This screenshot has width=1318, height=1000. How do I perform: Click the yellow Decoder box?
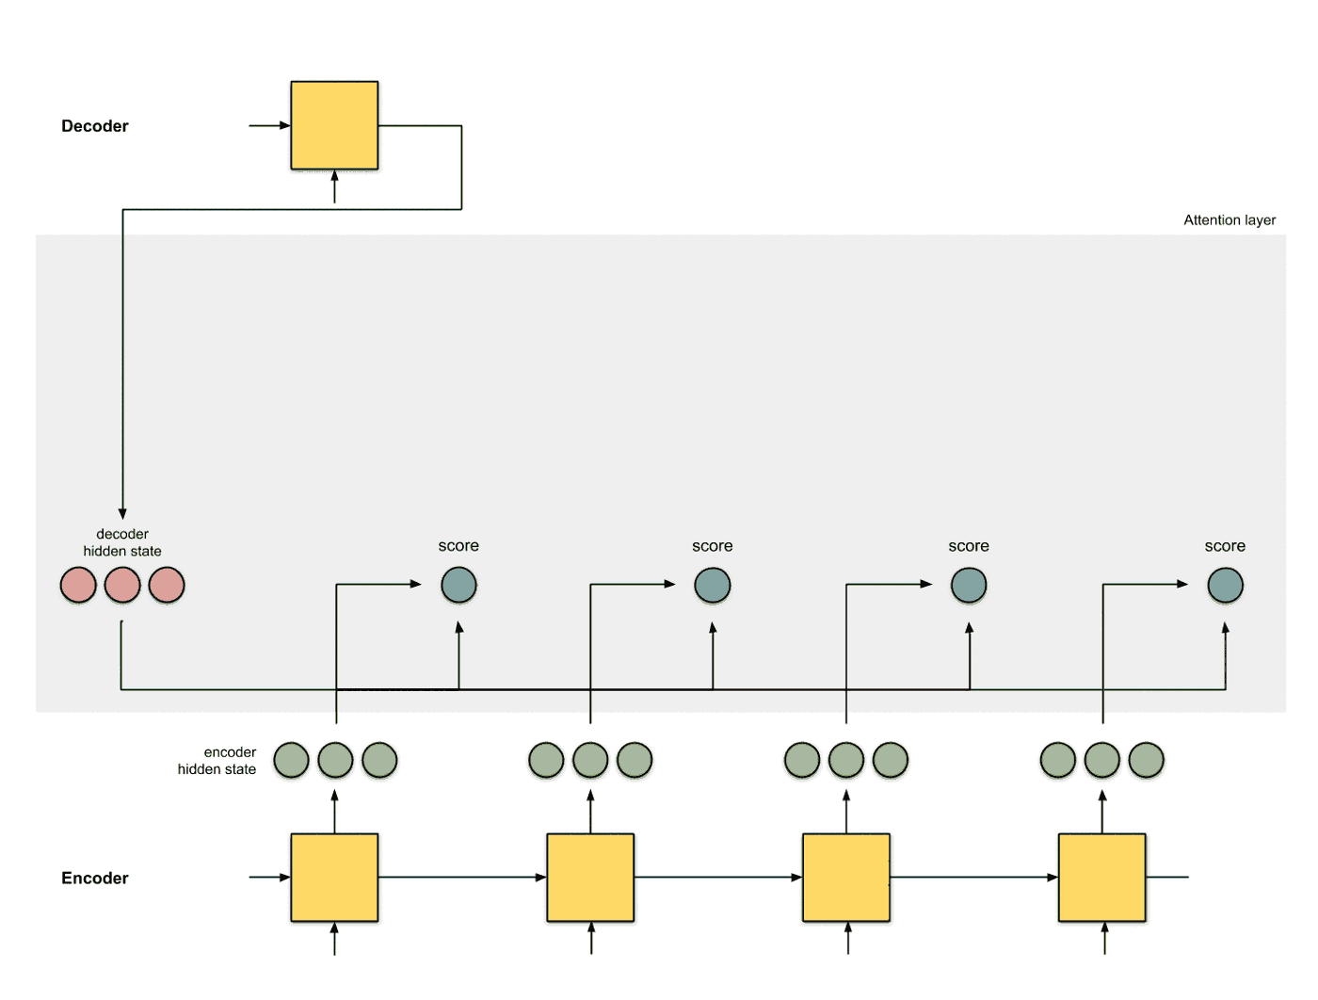[334, 125]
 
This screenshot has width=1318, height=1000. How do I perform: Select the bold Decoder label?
[94, 126]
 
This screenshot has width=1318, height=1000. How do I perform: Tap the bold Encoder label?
[94, 879]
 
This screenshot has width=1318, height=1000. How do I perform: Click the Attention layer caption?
[1230, 220]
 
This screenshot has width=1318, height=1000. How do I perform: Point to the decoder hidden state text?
[122, 542]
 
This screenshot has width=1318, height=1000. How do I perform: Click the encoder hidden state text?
[217, 761]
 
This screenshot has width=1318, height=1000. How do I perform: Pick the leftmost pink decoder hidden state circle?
[78, 585]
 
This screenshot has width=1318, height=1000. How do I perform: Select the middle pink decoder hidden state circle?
[122, 585]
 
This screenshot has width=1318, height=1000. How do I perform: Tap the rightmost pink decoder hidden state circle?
[167, 585]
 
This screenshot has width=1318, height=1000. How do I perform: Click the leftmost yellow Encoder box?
[334, 878]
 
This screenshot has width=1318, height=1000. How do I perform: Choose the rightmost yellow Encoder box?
[1102, 878]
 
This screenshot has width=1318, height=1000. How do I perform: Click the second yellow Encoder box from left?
[590, 878]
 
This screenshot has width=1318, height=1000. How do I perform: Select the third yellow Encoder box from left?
[846, 878]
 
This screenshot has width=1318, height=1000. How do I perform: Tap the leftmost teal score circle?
[459, 585]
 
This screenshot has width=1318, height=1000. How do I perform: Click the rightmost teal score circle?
[1226, 585]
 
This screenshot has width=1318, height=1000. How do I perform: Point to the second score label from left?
[713, 546]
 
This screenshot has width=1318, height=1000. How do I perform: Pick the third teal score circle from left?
[969, 585]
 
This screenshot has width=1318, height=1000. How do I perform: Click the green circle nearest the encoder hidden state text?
[292, 760]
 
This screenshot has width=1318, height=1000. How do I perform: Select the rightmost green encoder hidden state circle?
[1147, 760]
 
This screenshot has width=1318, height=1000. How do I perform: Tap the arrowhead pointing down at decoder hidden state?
[122, 513]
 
